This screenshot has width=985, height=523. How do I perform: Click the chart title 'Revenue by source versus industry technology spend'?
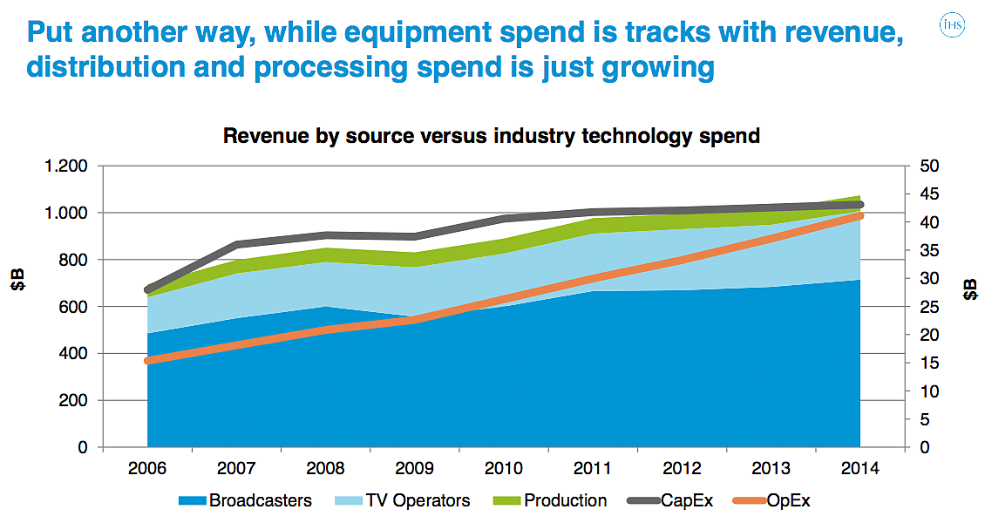click(x=492, y=136)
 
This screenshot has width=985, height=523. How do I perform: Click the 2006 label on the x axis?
click(x=147, y=469)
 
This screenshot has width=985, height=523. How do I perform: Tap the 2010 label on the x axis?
click(x=504, y=469)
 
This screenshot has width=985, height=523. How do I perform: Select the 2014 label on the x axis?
click(x=860, y=469)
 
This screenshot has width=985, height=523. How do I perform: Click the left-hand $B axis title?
click(x=18, y=282)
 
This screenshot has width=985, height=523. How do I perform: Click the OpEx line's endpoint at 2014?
click(x=860, y=215)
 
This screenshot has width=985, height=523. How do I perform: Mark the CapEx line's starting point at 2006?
click(x=148, y=289)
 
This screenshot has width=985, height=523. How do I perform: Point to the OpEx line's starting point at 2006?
click(x=148, y=360)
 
